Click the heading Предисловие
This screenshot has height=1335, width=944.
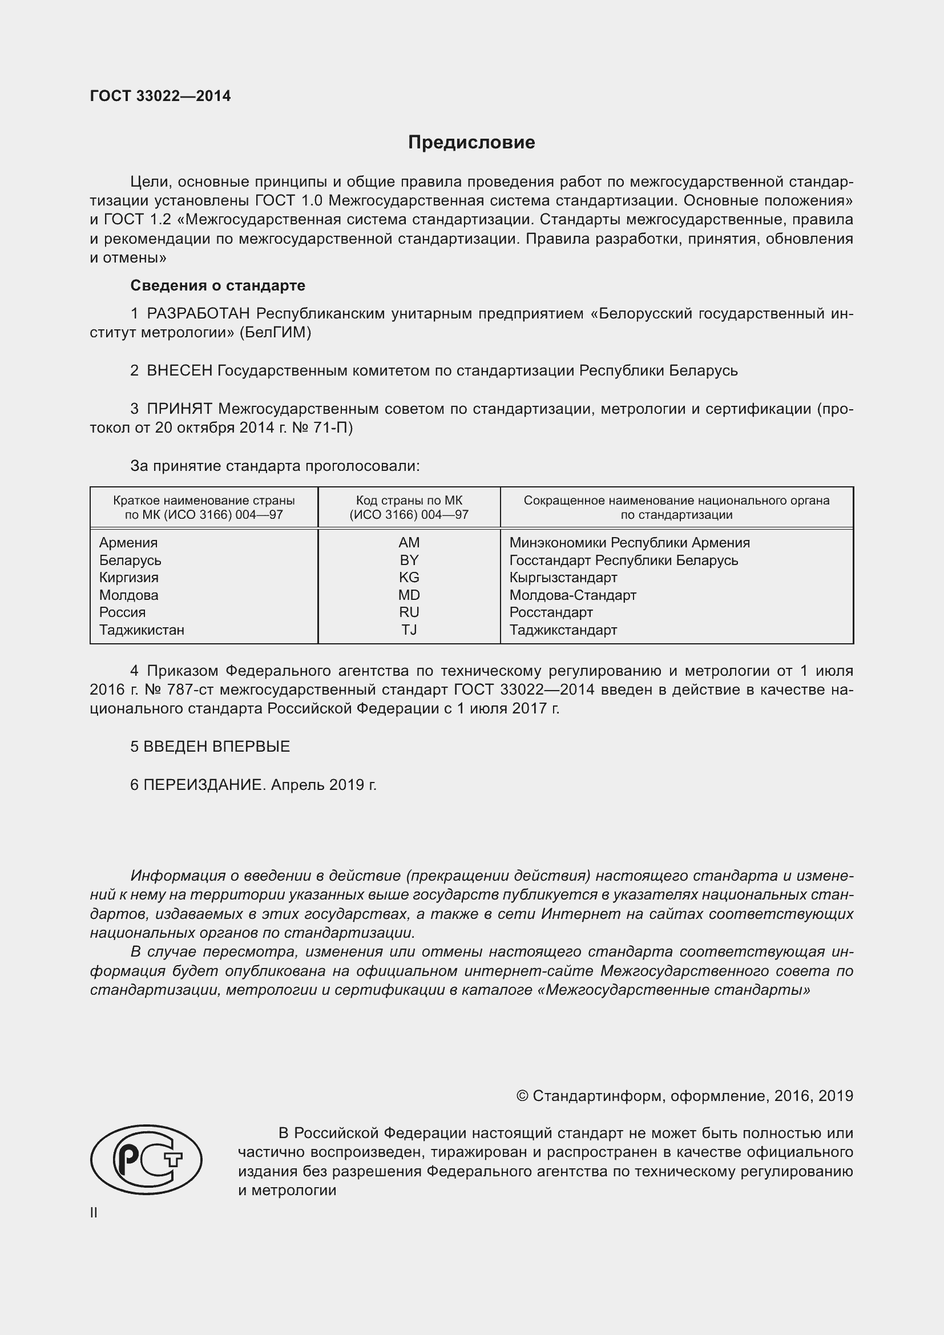471,143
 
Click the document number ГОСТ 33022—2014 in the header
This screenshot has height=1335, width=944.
160,96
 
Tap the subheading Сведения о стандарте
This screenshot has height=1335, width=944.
217,285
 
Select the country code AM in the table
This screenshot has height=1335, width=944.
409,542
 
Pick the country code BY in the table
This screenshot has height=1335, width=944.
409,560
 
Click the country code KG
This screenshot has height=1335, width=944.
409,578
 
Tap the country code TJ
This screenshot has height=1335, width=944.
409,630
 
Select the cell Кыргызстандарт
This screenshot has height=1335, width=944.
563,578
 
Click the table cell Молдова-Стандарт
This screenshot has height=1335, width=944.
572,595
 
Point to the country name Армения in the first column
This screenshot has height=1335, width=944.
128,542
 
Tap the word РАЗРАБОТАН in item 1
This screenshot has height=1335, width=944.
199,314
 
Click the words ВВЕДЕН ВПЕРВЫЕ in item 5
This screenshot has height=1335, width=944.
216,747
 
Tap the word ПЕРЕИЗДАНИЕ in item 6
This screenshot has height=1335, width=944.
204,785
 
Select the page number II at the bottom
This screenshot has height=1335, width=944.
94,1213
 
